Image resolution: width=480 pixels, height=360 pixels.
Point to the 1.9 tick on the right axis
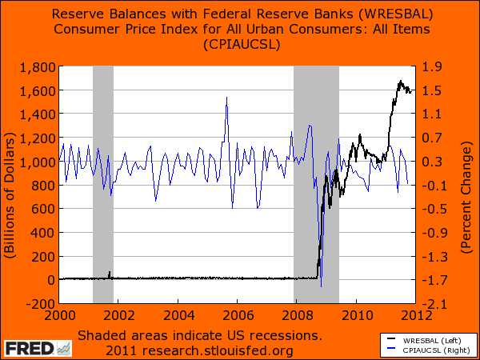[442, 66]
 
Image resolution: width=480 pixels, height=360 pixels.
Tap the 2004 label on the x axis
[178, 314]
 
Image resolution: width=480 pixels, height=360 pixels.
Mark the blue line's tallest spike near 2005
[226, 98]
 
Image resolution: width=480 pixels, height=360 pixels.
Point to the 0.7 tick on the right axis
[442, 138]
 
